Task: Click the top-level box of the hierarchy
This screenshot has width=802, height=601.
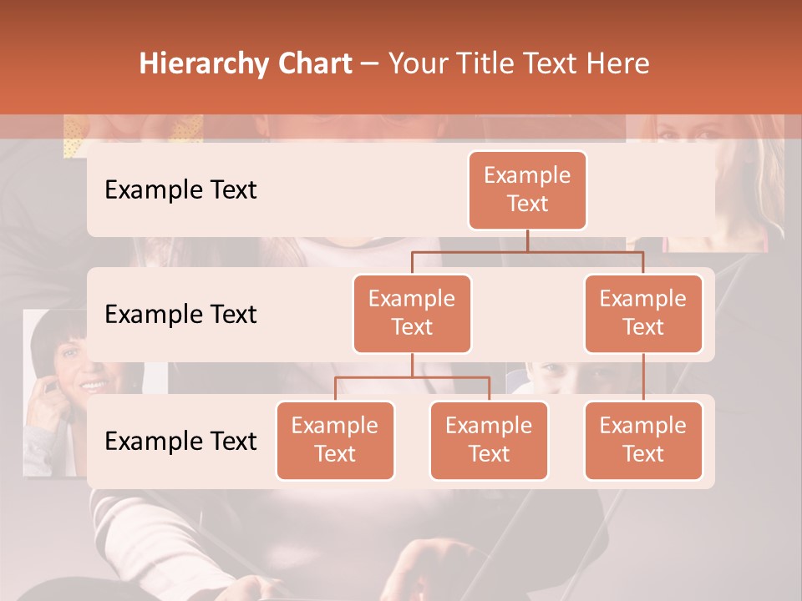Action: tap(527, 189)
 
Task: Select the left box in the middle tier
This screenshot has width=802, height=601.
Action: tap(412, 313)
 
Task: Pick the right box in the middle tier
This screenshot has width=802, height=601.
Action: tap(643, 313)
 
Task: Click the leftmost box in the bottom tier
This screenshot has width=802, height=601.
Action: tap(335, 440)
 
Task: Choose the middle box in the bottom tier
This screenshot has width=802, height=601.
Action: tap(489, 440)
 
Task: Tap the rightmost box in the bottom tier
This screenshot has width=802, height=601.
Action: tap(643, 440)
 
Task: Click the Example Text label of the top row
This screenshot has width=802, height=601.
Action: tap(180, 190)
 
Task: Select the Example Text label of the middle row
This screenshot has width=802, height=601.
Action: tap(180, 315)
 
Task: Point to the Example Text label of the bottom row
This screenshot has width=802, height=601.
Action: tap(180, 442)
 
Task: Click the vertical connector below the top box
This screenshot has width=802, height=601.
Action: tap(527, 240)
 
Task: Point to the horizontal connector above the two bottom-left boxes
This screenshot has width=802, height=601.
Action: tap(412, 377)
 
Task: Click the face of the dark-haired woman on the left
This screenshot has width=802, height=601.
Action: tap(79, 367)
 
